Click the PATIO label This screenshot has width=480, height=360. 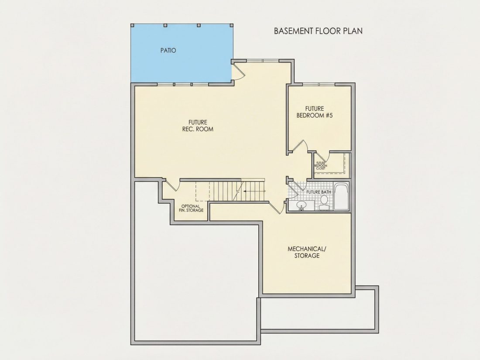[168, 50]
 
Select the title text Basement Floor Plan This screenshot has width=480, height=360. [318, 31]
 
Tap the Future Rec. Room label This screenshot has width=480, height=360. [198, 126]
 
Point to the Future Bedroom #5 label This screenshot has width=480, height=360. [314, 112]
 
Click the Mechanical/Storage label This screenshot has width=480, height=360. [307, 252]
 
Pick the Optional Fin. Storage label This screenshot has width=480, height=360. [191, 208]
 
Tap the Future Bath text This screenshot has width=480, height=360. [319, 192]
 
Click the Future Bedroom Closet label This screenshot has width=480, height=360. [321, 166]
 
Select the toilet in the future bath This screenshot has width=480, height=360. [324, 202]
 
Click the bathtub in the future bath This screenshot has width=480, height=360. [341, 196]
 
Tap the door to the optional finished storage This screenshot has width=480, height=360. [172, 185]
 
